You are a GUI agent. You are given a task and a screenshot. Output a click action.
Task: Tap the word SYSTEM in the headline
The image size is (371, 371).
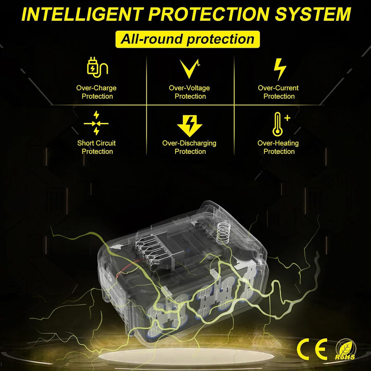[x=313, y=14]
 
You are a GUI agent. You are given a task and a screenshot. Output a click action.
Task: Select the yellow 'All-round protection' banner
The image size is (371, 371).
[x=187, y=39]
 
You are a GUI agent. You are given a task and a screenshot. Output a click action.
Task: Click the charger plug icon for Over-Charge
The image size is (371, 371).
[x=97, y=67]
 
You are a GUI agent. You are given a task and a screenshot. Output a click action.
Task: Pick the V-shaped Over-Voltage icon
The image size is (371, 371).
[x=189, y=68]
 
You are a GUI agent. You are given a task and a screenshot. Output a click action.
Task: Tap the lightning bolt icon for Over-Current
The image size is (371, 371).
[x=280, y=69]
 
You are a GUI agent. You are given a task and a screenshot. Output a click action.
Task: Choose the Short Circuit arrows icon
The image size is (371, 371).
[x=96, y=123]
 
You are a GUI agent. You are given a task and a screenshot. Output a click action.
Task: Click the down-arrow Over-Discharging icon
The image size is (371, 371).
[x=189, y=126]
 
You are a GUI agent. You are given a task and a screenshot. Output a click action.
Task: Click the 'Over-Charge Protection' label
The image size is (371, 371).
[x=96, y=92]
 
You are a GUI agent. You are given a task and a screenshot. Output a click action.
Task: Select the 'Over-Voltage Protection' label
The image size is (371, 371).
[x=189, y=92]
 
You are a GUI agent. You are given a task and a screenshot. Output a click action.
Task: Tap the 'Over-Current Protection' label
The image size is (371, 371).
[x=278, y=92]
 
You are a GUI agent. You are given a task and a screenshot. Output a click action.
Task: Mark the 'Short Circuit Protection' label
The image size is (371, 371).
[x=96, y=147]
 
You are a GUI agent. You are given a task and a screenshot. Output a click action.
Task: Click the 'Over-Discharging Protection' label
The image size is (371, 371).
[x=189, y=147]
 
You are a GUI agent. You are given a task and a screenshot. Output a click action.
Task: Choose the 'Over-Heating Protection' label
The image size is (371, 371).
[x=278, y=147]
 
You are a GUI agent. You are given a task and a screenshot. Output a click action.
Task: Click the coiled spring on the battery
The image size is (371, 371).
[x=223, y=233]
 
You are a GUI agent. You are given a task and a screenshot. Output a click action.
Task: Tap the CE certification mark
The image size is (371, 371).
[x=312, y=349]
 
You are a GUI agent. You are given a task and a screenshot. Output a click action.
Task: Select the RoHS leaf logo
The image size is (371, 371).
[x=345, y=349]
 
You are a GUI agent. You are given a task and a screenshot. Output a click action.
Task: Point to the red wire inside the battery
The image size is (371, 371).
[x=128, y=267]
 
